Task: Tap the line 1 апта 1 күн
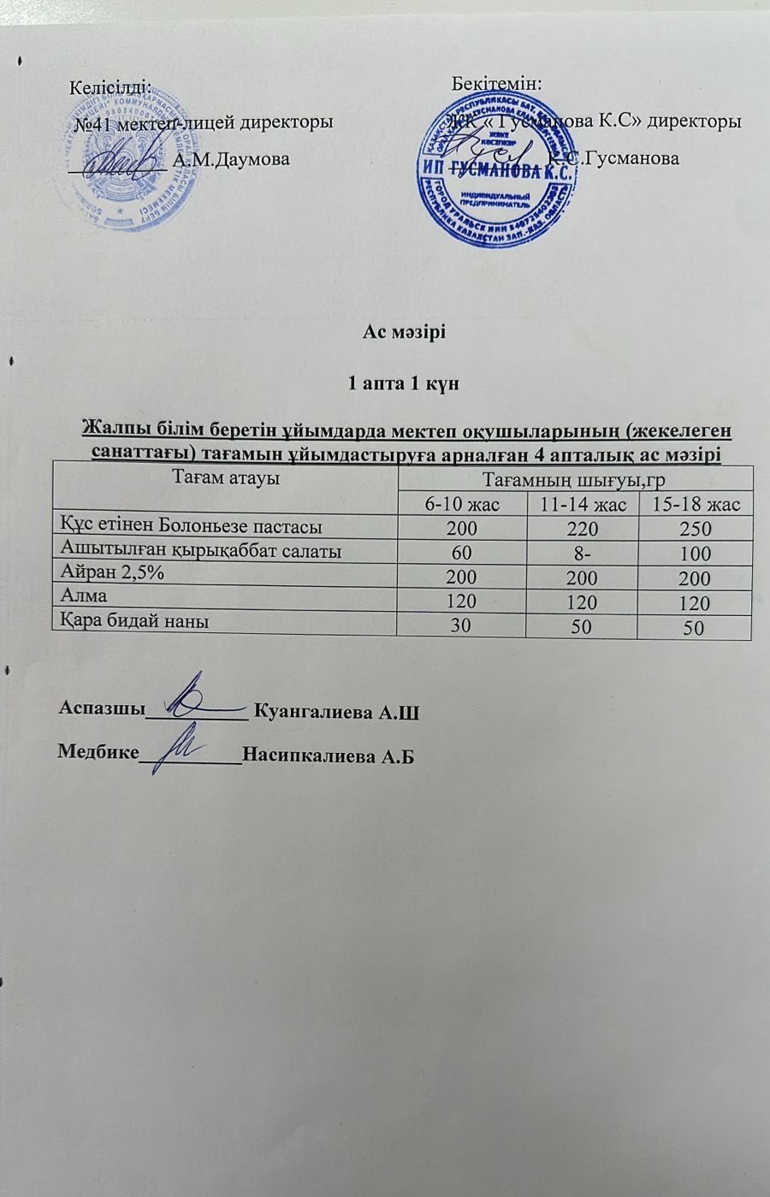click(x=399, y=383)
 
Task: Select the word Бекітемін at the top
click(x=497, y=84)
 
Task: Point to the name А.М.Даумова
click(x=230, y=158)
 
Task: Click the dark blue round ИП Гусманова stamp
click(x=495, y=172)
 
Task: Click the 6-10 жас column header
click(x=463, y=504)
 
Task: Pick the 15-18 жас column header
click(x=696, y=504)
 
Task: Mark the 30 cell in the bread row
click(x=461, y=625)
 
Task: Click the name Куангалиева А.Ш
click(x=338, y=712)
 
